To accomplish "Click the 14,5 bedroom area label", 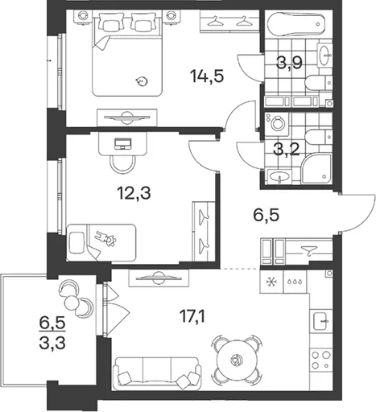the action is tap(207, 76).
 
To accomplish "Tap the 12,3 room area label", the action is tap(134, 193).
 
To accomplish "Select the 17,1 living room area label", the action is tap(192, 316).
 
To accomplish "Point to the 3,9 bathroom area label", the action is tap(290, 64).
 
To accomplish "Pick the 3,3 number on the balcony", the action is tap(52, 344).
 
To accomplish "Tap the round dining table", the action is tap(237, 358).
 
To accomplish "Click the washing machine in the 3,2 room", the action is tap(276, 123).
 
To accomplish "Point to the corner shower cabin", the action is tap(316, 168).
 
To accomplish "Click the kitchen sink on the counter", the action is tap(321, 321).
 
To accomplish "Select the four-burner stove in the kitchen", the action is tap(321, 360).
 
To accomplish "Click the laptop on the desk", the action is tap(123, 143).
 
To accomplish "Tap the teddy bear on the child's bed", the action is tap(106, 238).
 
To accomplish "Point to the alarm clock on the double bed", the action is tap(141, 80).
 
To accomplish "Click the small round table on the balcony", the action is tap(71, 302).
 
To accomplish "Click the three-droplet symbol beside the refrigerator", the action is tap(295, 282).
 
